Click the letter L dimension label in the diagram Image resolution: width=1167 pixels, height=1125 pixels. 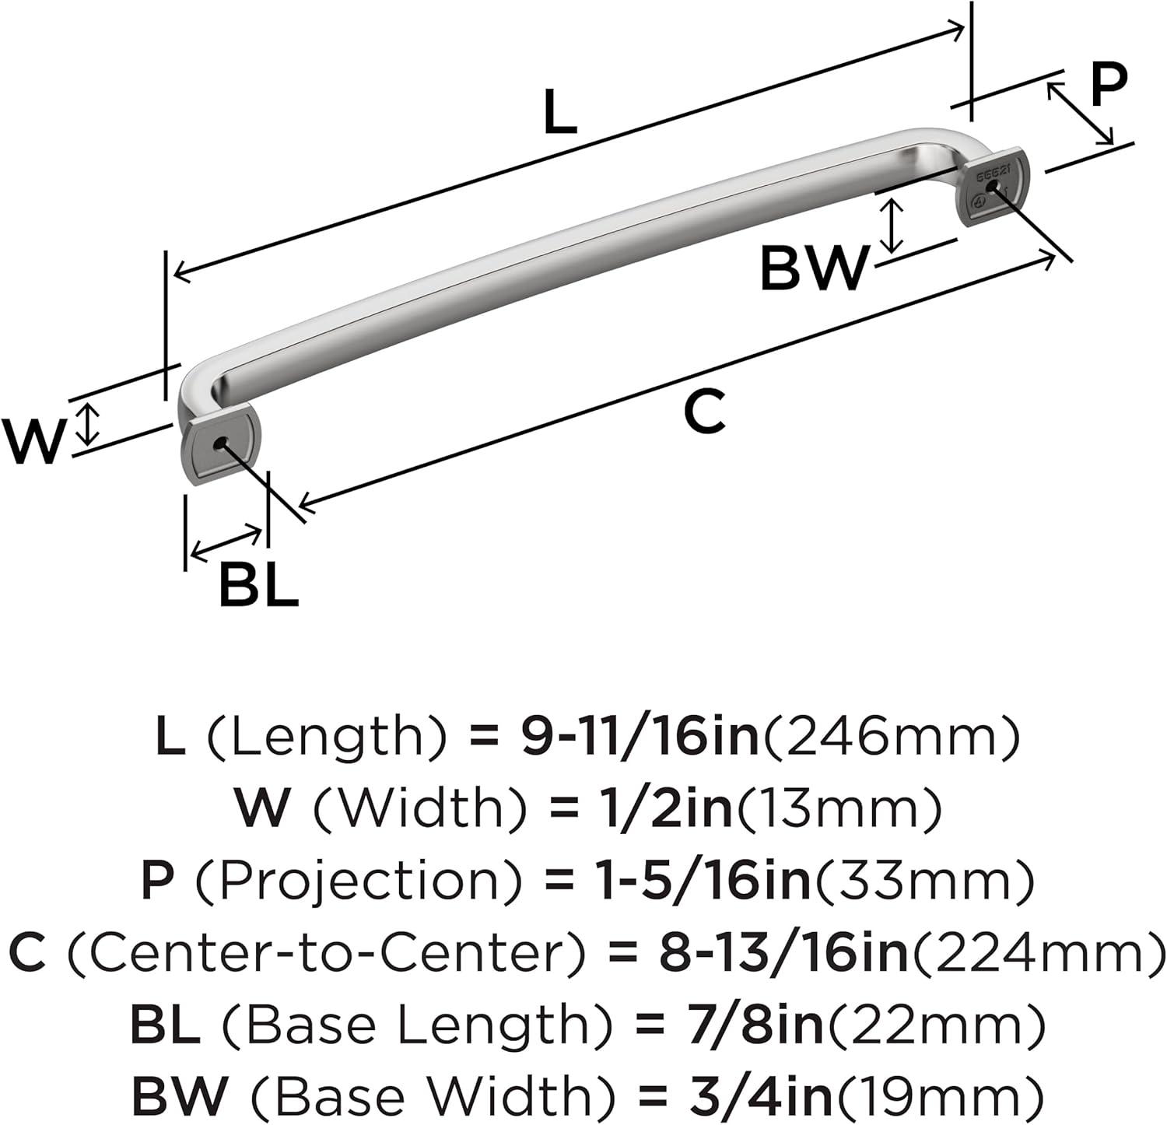coord(560,112)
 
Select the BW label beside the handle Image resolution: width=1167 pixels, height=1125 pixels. coord(813,268)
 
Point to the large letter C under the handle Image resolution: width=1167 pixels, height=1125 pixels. coord(705,412)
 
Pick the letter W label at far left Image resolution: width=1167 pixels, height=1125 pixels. coord(32,441)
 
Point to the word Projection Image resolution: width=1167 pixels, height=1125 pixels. coord(357,881)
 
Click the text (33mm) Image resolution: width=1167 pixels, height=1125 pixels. coord(923,881)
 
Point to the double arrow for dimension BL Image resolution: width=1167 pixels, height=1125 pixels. coord(226,542)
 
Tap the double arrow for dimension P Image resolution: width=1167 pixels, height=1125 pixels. coord(1080,114)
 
